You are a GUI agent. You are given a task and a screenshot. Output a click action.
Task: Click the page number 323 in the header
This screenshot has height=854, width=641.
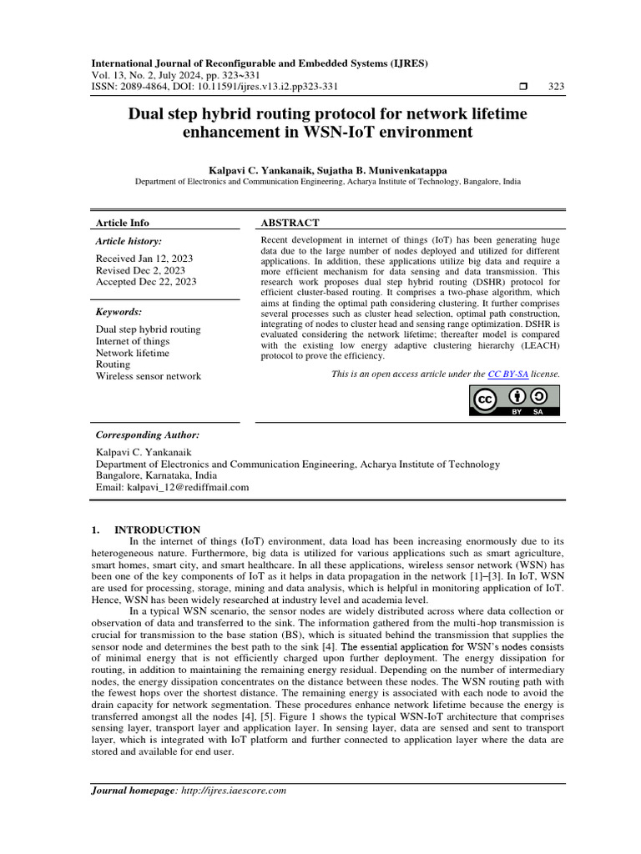[556, 87]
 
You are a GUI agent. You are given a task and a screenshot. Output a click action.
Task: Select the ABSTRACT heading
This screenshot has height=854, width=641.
[290, 223]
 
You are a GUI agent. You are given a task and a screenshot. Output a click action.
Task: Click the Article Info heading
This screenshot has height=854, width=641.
[123, 223]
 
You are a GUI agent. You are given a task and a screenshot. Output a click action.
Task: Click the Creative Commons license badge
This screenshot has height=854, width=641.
[513, 400]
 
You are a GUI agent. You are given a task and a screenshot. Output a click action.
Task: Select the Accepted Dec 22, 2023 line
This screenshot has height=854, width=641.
[146, 282]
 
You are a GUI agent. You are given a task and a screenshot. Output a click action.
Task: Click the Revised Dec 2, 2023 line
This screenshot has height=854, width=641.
[140, 270]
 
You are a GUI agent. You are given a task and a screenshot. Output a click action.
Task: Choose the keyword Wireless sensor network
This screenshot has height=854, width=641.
[149, 376]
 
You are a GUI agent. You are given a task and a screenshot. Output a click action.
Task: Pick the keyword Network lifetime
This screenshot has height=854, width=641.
[132, 353]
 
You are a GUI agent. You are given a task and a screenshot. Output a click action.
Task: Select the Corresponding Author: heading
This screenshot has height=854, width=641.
[148, 435]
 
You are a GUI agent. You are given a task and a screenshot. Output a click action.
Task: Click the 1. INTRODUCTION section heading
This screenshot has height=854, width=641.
[144, 530]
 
